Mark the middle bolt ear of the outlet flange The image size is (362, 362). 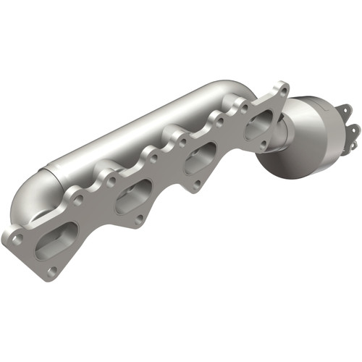tap(353, 128)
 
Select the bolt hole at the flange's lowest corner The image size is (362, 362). tap(51, 271)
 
